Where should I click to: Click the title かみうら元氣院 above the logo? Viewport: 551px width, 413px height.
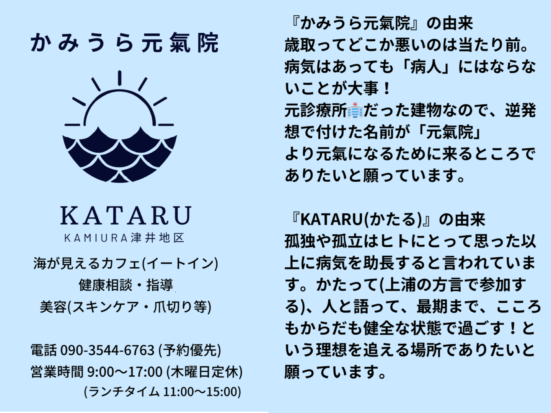[x=125, y=42]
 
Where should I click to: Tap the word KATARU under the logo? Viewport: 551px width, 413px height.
[x=126, y=215]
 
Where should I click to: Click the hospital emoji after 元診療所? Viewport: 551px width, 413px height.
[x=355, y=110]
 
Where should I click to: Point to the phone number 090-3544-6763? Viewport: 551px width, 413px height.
[x=108, y=350]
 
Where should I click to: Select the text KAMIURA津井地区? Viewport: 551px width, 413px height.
[x=124, y=238]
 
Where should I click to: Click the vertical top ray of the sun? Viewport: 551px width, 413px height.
[x=120, y=78]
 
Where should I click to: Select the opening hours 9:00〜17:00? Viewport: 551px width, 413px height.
[x=125, y=372]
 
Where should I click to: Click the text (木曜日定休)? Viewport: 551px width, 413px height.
[x=205, y=372]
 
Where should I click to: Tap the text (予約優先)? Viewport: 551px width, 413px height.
[x=190, y=350]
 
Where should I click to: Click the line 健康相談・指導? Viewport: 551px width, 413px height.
[x=126, y=285]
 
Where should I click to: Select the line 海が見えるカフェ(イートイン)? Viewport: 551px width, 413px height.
[x=126, y=263]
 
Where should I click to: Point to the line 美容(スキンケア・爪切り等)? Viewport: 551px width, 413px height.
[x=126, y=307]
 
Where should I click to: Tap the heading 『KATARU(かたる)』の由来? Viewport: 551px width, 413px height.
[x=387, y=220]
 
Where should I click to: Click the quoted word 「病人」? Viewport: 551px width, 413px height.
[x=425, y=67]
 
